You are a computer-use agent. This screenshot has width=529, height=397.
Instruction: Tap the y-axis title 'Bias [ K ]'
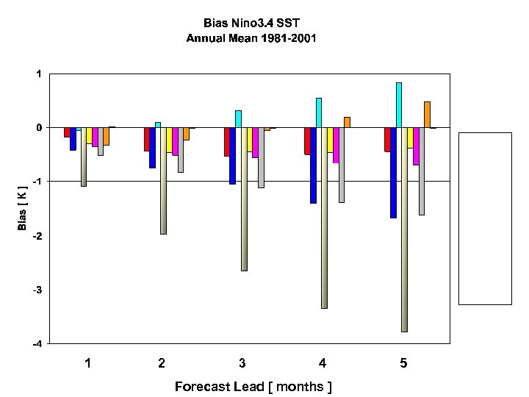(23, 207)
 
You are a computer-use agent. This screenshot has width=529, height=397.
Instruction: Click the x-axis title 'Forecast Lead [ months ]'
(253, 386)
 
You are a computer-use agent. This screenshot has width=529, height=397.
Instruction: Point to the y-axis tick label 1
(37, 74)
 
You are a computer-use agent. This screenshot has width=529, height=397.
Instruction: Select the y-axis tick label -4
(36, 343)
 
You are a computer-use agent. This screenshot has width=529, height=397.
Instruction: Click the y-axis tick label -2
(36, 235)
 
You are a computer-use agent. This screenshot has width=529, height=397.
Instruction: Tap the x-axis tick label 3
(242, 363)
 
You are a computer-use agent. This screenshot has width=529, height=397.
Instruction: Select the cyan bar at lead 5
(398, 105)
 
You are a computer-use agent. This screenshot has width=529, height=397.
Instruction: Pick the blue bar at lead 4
(313, 165)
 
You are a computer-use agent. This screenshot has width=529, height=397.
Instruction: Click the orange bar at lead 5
(427, 115)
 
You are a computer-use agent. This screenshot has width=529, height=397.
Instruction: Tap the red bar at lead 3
(227, 141)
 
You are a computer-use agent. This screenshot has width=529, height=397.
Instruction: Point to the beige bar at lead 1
(84, 157)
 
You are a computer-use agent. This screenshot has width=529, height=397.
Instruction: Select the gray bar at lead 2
(180, 149)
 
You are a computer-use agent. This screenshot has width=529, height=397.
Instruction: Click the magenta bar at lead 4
(336, 145)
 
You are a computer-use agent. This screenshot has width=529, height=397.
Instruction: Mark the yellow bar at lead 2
(169, 140)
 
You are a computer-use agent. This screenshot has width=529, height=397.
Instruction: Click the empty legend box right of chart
(485, 218)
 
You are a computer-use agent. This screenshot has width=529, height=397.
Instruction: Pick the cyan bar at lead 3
(238, 119)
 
